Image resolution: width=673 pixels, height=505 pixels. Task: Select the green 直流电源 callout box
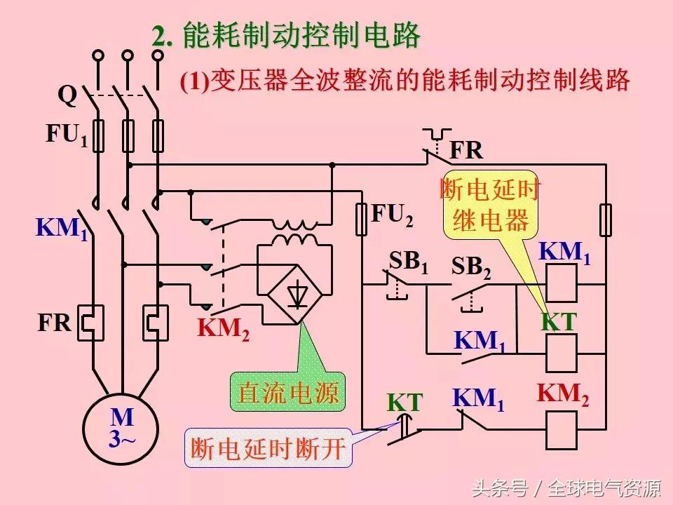(x=288, y=391)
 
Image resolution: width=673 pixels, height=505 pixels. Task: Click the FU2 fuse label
(x=392, y=215)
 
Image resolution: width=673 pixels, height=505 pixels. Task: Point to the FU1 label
(x=67, y=135)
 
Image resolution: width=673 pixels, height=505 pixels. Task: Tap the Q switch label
(x=67, y=94)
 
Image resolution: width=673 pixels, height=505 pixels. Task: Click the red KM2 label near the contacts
(x=223, y=328)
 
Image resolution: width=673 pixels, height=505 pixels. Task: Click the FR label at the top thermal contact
(x=466, y=150)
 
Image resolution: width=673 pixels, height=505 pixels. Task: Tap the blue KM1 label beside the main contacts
(x=62, y=229)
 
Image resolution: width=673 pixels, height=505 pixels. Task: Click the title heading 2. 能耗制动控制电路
(x=286, y=36)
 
